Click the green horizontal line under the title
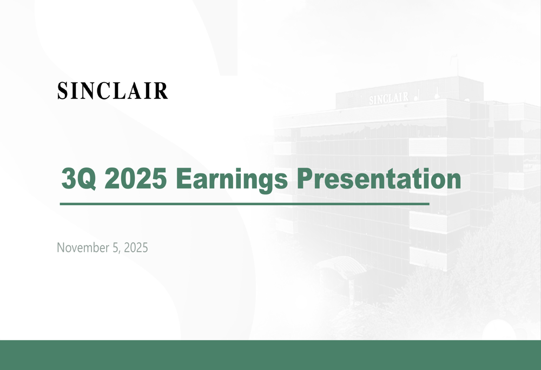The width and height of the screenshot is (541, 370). tap(243, 204)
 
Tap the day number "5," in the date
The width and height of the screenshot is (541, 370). tap(118, 248)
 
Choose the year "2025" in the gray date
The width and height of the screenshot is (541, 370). tap(136, 248)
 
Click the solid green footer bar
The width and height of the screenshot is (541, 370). tap(270, 355)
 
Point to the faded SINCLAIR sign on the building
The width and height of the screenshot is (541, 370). tap(388, 98)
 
